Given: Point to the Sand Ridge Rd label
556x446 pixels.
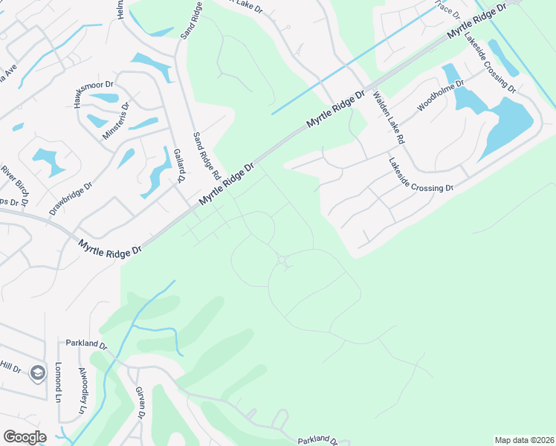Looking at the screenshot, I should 207,155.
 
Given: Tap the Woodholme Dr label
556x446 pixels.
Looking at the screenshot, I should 441,96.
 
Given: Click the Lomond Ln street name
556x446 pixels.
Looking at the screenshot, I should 57,380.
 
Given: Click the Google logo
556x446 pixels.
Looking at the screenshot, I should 25,437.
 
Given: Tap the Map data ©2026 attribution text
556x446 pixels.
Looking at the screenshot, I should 524,440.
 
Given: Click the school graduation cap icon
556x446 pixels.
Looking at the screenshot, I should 38,373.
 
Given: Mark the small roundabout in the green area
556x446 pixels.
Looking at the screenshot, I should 282,260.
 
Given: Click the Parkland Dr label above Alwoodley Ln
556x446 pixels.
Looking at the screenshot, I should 86,345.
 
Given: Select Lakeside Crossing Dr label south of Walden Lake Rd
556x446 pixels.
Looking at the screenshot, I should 421,175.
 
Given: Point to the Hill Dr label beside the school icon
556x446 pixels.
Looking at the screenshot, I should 10,367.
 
